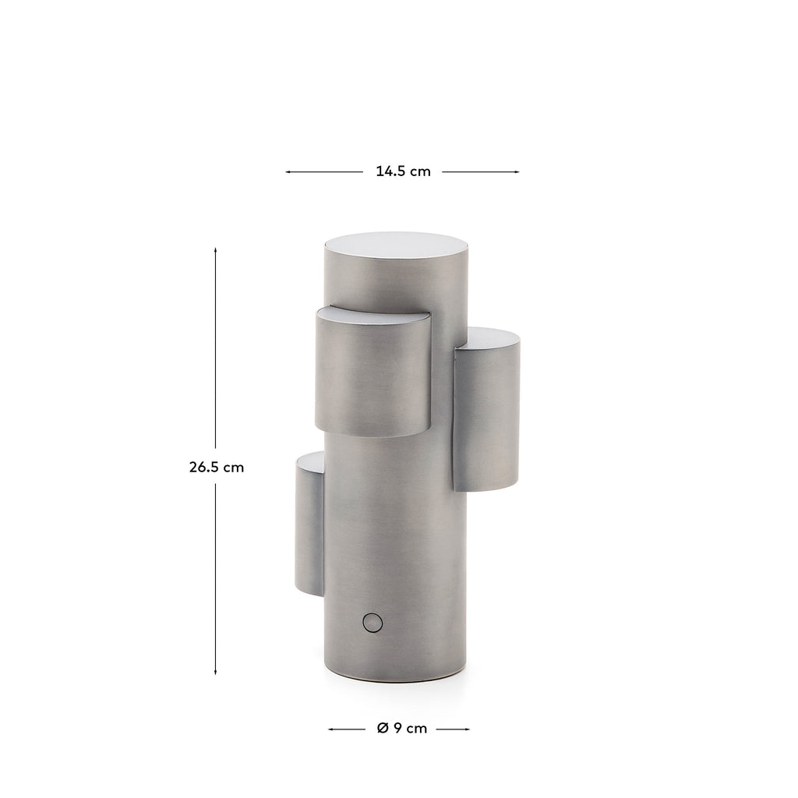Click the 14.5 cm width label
tap(402, 171)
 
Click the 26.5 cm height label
tap(216, 468)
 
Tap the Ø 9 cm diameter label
tap(401, 729)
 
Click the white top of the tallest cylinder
tap(396, 244)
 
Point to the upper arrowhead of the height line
tap(215, 251)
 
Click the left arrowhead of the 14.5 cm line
tap(288, 171)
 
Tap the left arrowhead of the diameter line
tap(331, 729)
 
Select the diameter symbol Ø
tap(382, 729)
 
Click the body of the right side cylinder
tap(487, 417)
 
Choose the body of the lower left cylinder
tap(309, 530)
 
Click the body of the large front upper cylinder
tap(373, 378)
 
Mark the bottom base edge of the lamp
tap(395, 679)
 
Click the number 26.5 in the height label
tap(204, 468)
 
